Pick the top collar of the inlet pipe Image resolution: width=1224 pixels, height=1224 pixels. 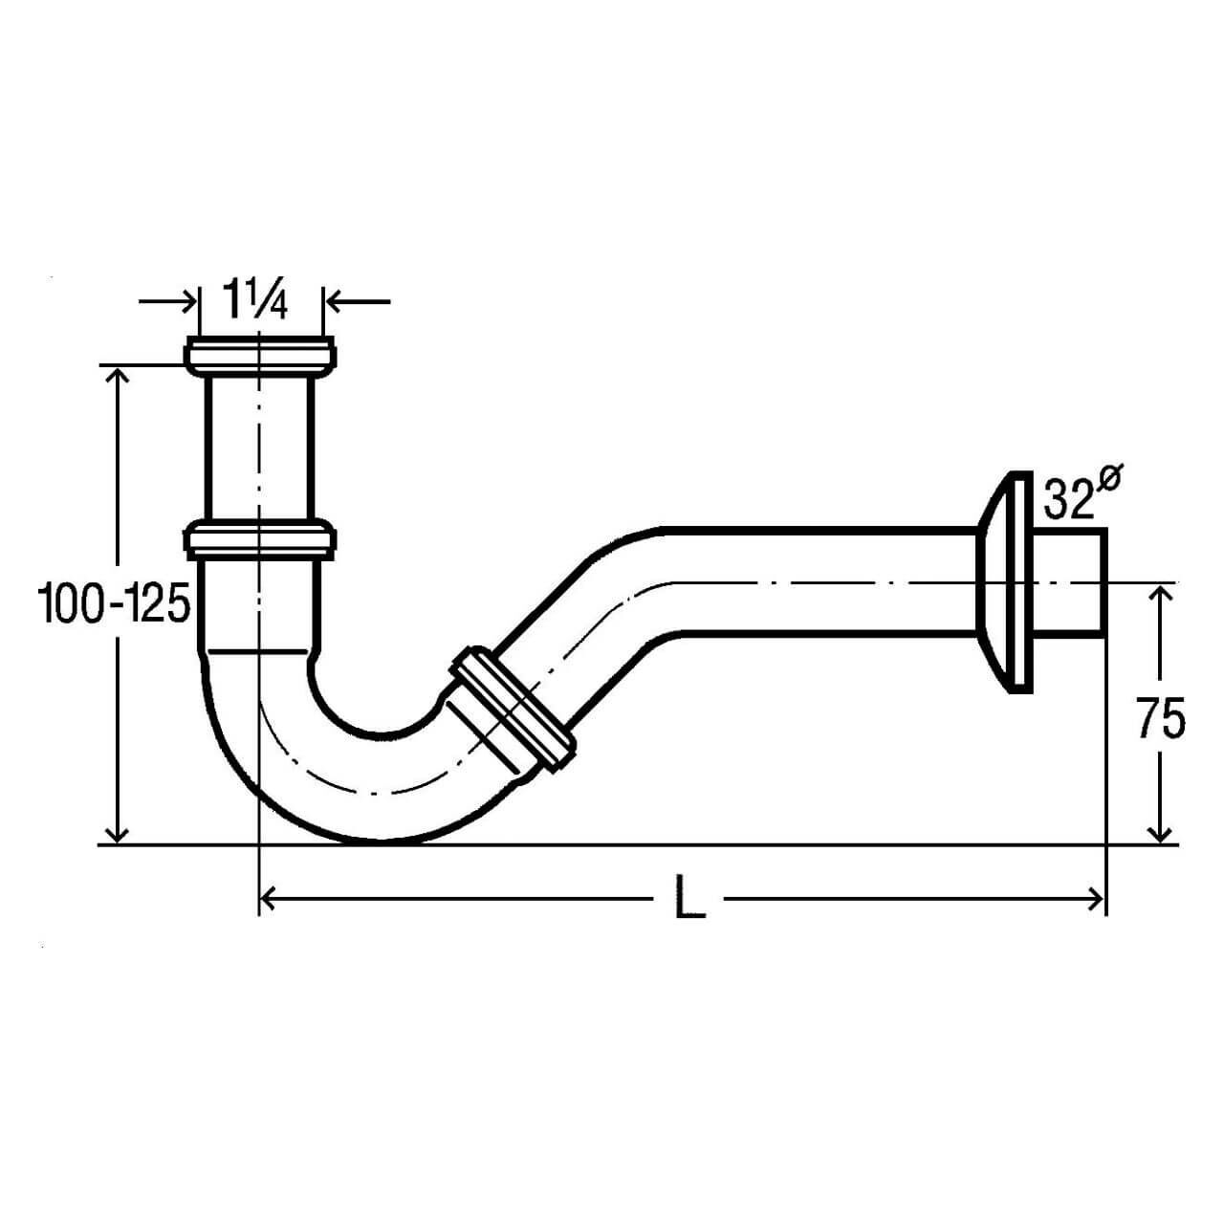click(260, 357)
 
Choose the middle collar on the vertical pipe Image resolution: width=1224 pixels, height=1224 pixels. click(260, 538)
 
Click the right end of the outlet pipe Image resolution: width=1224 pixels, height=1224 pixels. click(1105, 581)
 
